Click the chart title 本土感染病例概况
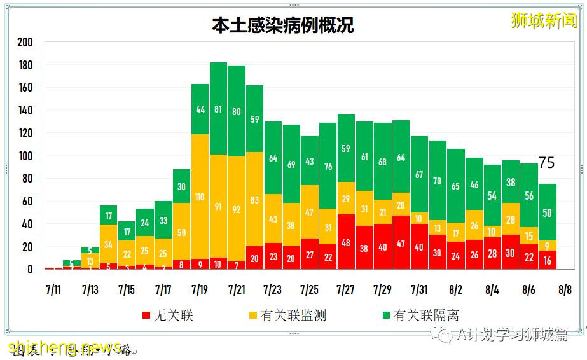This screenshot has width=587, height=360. [282, 25]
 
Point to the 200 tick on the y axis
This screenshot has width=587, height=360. [25, 43]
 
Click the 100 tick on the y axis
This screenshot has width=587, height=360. [25, 156]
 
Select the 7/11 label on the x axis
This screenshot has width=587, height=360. [54, 290]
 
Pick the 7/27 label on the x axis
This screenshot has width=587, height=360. [345, 290]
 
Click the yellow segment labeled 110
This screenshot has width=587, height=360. [200, 197]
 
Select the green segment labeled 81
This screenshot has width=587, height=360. [219, 109]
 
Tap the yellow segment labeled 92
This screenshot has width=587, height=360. [237, 209]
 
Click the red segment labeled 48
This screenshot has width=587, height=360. [347, 242]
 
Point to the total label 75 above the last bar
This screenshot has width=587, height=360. [547, 163]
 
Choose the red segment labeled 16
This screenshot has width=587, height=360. [548, 260]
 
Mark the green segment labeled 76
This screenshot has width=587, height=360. [328, 166]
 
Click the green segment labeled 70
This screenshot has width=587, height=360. [438, 181]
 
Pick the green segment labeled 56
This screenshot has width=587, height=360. [529, 196]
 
